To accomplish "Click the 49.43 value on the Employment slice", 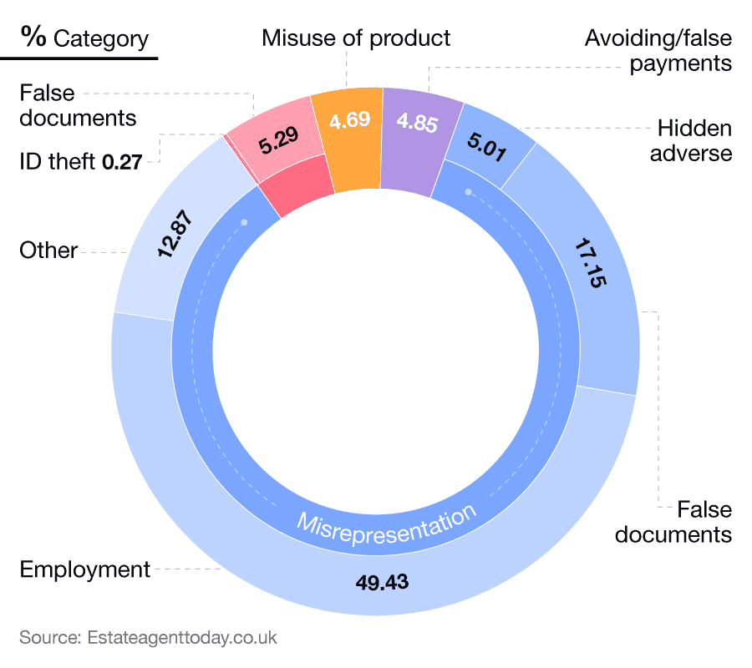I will (x=382, y=582).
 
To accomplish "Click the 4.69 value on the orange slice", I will (x=349, y=120).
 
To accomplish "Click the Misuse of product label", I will (x=356, y=38).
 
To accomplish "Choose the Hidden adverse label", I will (x=694, y=140).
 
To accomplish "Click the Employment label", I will (x=85, y=569).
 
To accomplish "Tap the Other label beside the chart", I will (x=48, y=250).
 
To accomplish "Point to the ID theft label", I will (x=58, y=161).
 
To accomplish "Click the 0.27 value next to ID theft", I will (x=120, y=161).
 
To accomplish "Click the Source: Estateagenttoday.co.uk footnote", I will (x=148, y=638).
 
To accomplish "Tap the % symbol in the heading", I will (x=34, y=37).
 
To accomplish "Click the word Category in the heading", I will (x=101, y=38).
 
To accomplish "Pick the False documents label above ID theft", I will (x=78, y=105).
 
